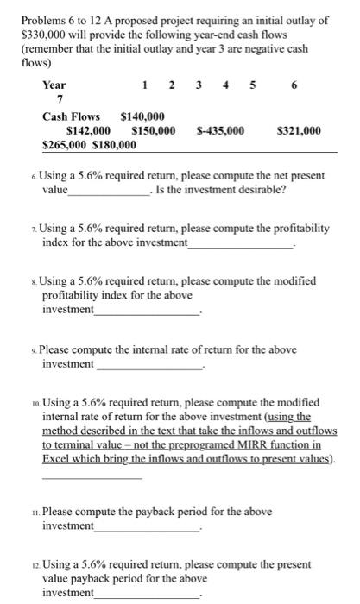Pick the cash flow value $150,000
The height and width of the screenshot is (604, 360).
click(154, 131)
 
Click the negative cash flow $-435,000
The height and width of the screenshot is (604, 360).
click(220, 131)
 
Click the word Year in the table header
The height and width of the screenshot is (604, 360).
click(54, 85)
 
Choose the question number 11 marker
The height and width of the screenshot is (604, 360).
click(32, 513)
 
